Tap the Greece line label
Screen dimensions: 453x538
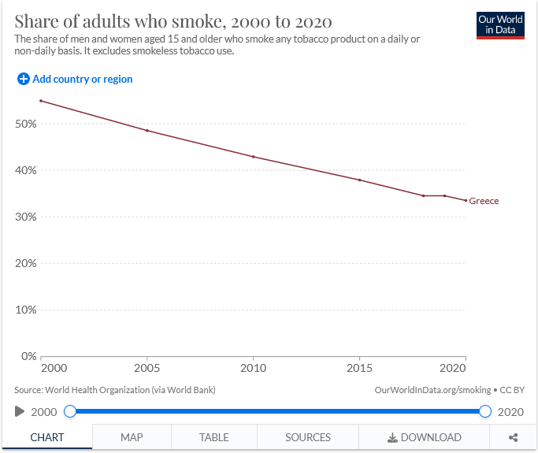click(484, 201)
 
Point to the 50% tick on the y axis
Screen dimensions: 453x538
click(26, 124)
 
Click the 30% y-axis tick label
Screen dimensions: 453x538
click(26, 217)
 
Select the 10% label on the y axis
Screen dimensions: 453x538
click(26, 310)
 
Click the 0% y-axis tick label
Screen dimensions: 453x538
click(28, 356)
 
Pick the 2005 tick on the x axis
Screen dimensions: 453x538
click(147, 368)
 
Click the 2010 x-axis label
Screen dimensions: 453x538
click(254, 368)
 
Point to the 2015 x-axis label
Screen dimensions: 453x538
click(359, 368)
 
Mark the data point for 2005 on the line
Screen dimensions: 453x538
click(147, 130)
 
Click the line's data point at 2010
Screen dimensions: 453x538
click(254, 157)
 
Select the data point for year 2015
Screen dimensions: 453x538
click(359, 180)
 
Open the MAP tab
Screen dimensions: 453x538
click(132, 437)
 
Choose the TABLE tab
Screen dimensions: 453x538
click(213, 437)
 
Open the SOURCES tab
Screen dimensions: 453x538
click(307, 437)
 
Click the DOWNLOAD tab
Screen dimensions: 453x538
click(424, 437)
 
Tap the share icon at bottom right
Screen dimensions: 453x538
click(514, 437)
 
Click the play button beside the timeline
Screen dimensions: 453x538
click(20, 411)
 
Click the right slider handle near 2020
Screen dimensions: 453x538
click(485, 411)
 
